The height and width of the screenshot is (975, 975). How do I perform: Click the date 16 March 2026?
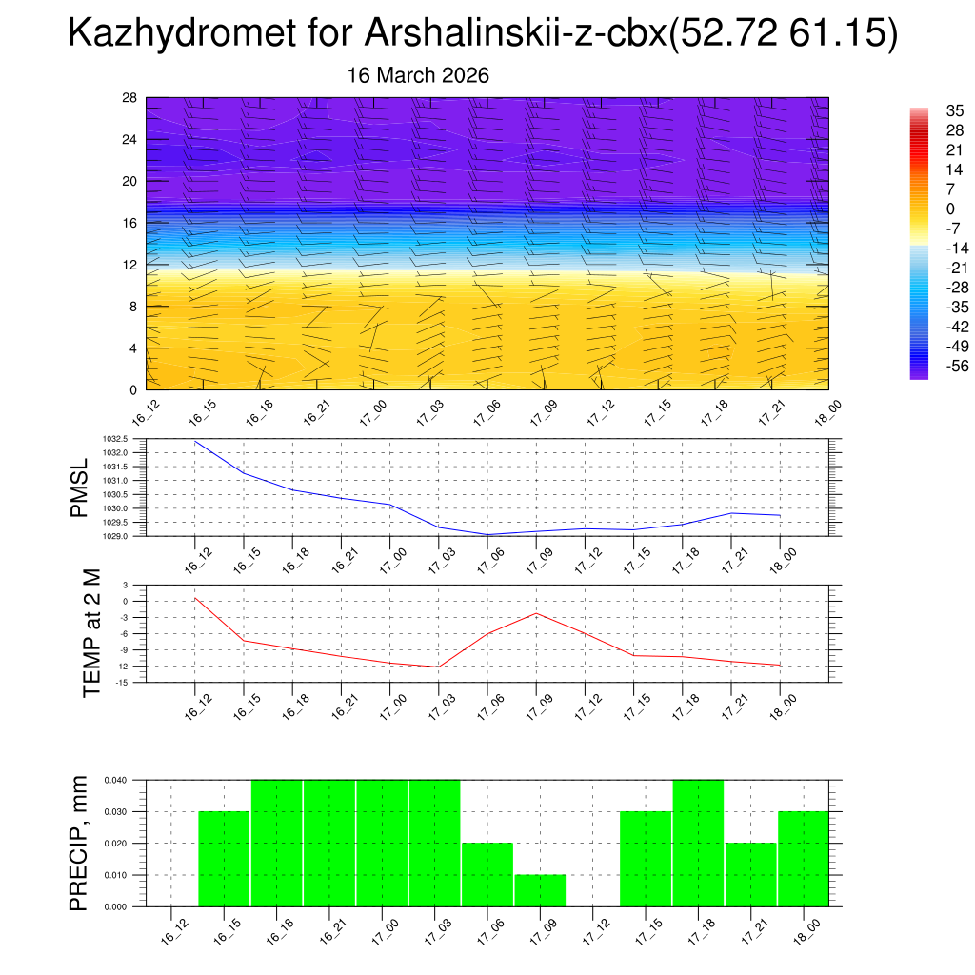click(418, 75)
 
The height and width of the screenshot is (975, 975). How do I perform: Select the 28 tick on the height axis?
click(130, 98)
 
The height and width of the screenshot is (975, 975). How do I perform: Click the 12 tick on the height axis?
click(130, 265)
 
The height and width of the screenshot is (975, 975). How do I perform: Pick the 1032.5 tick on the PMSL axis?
click(115, 439)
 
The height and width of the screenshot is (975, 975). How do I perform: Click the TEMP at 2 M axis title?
click(91, 633)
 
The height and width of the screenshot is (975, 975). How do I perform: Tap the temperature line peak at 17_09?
click(536, 613)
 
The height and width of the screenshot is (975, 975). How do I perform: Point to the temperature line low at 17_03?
click(439, 667)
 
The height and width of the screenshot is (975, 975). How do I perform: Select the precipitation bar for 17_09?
click(541, 891)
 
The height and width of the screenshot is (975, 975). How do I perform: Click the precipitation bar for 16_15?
click(224, 859)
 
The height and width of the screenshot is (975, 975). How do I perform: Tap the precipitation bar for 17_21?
click(750, 875)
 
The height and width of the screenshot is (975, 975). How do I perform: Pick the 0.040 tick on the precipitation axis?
click(114, 781)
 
